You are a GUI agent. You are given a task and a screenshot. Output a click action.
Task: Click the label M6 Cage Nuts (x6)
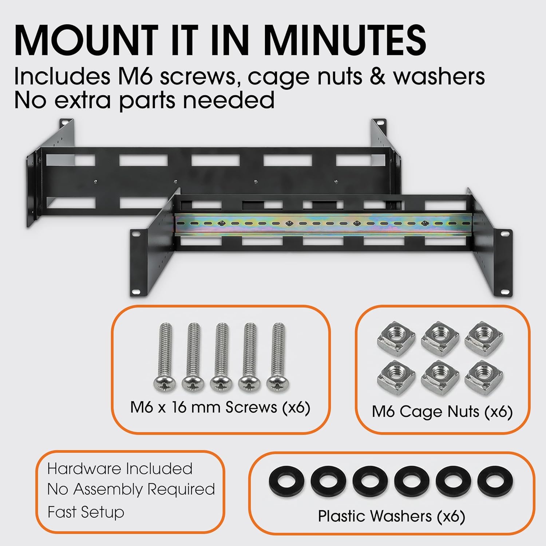tap(442, 412)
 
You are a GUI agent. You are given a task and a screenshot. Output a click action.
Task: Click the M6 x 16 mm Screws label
tap(220, 407)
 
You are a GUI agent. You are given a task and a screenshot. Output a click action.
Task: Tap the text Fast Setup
tap(86, 512)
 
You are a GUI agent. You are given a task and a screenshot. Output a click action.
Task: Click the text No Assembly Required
tap(131, 490)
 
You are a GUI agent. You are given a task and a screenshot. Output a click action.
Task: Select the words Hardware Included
tap(120, 468)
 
